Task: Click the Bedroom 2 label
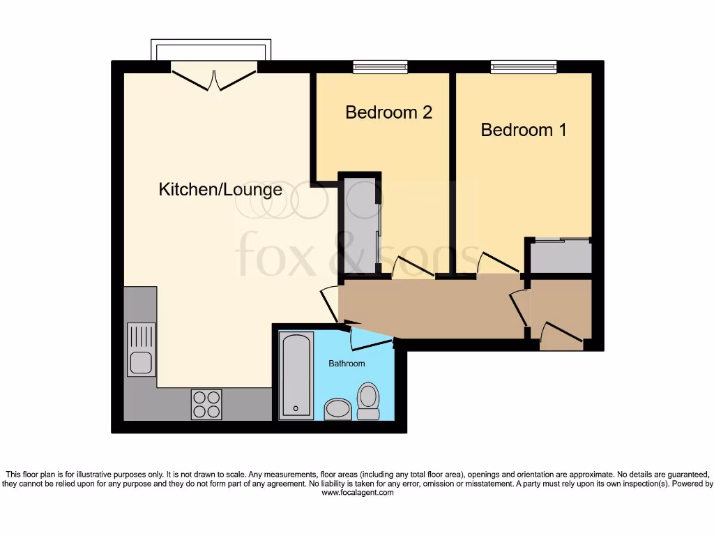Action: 388,112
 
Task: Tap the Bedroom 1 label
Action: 524,130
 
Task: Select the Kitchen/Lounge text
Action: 220,189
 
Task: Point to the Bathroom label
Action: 347,364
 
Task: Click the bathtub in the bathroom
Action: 296,375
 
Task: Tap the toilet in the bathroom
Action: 367,401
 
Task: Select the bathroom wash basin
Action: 338,408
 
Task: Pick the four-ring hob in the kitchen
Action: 206,404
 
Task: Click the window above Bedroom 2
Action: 380,67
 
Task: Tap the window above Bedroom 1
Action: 524,67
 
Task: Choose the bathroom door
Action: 369,338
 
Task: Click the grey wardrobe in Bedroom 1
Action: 560,256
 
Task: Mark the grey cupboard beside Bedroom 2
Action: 360,223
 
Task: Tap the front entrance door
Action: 562,336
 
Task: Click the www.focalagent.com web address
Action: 357,493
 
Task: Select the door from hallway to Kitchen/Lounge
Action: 330,304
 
